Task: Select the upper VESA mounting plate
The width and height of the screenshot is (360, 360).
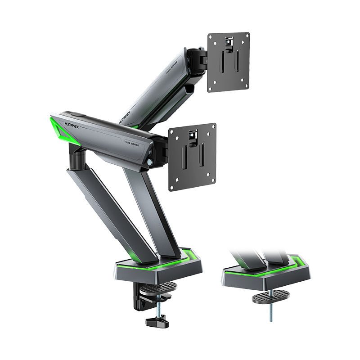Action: point(229,62)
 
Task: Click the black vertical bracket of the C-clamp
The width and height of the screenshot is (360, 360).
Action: point(136,297)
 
